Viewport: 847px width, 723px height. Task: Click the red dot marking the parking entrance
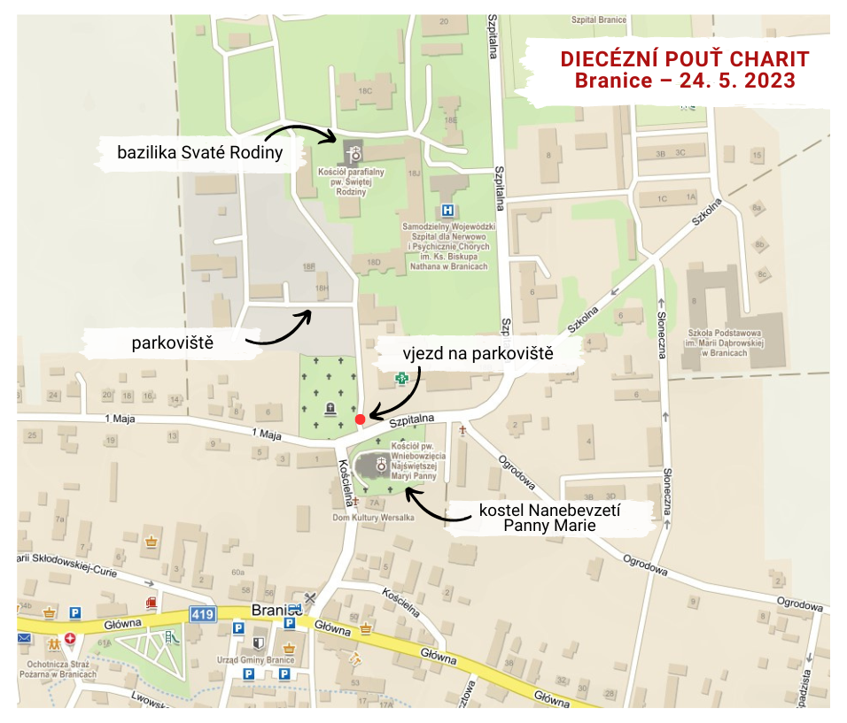(x=360, y=419)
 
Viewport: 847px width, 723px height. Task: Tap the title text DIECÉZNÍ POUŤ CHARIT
(x=684, y=59)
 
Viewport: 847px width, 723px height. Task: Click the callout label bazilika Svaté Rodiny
(x=199, y=152)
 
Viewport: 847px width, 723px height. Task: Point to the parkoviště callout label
(x=173, y=341)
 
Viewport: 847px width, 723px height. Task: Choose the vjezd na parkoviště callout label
(x=479, y=353)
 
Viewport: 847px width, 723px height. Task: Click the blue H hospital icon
(x=448, y=211)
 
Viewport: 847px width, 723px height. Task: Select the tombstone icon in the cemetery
(x=330, y=408)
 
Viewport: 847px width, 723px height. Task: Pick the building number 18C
(x=363, y=90)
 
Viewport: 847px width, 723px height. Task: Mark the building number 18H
(x=322, y=288)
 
